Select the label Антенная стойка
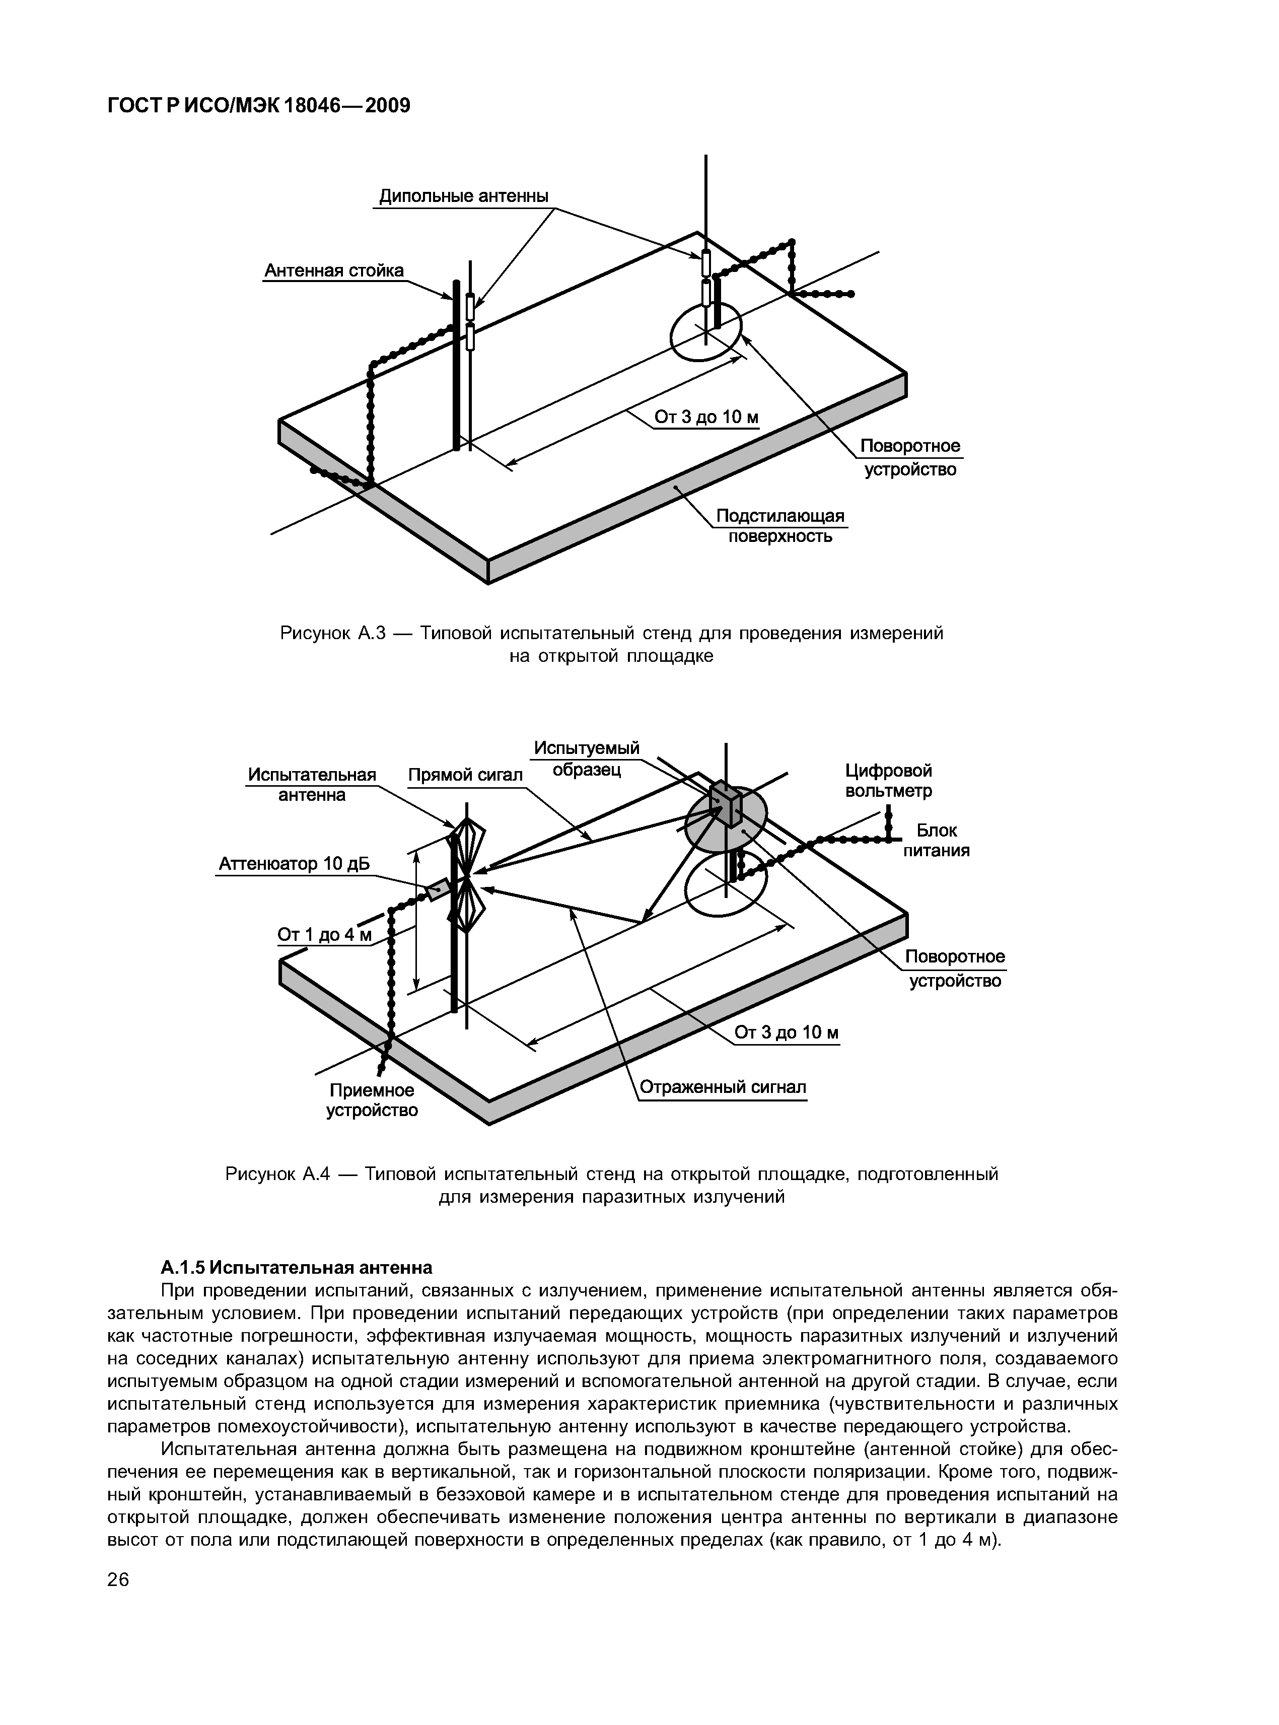pos(334,271)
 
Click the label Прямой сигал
pos(465,776)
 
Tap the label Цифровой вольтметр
pos(888,781)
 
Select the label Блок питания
pos(936,841)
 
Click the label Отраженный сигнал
pos(723,1088)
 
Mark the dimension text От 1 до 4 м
pos(324,935)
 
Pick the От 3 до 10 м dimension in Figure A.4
pos(786,1033)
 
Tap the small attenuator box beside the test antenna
pos(438,889)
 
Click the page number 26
pos(118,1580)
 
